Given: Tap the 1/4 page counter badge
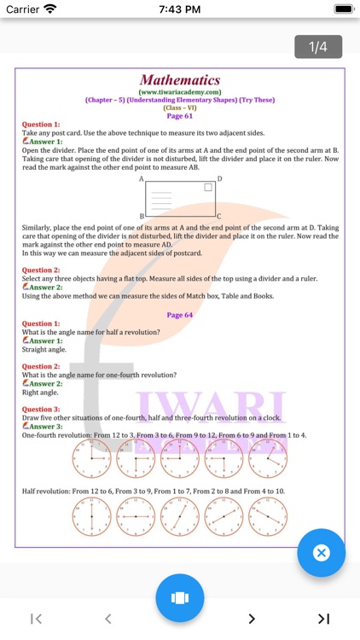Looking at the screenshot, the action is (x=318, y=47).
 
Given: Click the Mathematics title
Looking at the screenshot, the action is (x=180, y=80).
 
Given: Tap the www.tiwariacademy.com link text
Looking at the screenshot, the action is (x=180, y=91).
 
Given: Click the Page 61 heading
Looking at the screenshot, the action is (x=180, y=116).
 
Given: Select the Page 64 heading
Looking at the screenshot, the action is (x=180, y=315).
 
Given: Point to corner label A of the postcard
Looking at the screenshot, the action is (x=142, y=179).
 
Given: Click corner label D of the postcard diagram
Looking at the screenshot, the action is (x=219, y=179).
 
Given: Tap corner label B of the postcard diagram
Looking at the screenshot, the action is (x=142, y=217).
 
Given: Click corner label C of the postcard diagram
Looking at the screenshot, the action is (x=219, y=217).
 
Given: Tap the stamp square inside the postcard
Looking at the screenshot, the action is (x=207, y=187).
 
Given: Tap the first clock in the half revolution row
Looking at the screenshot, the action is (x=91, y=517).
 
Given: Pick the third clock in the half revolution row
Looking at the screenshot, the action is (x=179, y=517).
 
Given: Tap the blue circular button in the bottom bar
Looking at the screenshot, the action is (x=180, y=597).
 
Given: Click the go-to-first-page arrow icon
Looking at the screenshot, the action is (x=36, y=619).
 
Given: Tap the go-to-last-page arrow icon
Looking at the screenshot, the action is (x=323, y=619).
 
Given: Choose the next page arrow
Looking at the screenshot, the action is (x=252, y=619).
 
